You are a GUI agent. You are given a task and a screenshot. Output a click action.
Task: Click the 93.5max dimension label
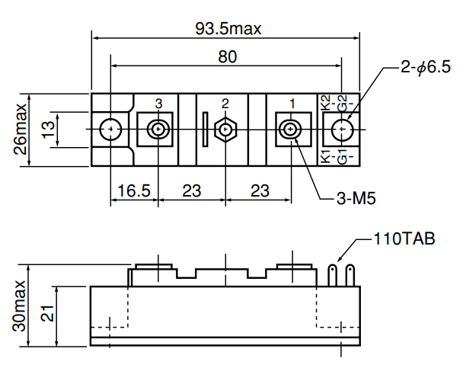(228, 29)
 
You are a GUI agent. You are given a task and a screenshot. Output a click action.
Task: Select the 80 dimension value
(228, 56)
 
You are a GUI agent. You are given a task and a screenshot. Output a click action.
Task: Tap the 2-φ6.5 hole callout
(426, 67)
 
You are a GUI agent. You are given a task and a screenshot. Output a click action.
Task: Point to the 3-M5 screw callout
(356, 198)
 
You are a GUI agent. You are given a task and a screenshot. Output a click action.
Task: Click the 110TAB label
(404, 238)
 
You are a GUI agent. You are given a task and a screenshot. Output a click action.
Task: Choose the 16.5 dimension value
(134, 190)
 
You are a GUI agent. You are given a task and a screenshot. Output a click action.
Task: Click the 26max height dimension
(21, 129)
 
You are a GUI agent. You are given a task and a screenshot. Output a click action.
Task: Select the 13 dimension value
(48, 130)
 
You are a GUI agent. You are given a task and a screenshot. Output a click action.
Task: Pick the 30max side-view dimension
(19, 305)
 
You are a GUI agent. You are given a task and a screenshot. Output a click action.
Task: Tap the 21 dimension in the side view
(47, 313)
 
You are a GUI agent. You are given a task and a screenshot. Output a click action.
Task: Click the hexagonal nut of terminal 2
(225, 129)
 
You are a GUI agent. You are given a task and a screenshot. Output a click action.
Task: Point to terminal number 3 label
(158, 104)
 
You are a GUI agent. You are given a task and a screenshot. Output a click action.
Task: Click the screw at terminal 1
(290, 129)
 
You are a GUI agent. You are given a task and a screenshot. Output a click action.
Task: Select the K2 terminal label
(326, 103)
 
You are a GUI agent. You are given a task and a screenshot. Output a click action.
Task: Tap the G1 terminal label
(342, 157)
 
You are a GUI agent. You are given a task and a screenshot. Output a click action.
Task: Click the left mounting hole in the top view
(110, 129)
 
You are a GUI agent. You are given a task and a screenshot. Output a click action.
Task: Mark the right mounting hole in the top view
(342, 129)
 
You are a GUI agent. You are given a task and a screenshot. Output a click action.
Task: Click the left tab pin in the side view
(332, 275)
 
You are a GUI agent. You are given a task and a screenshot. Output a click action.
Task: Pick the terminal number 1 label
(292, 104)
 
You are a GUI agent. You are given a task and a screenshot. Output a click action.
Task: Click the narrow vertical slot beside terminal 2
(205, 130)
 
